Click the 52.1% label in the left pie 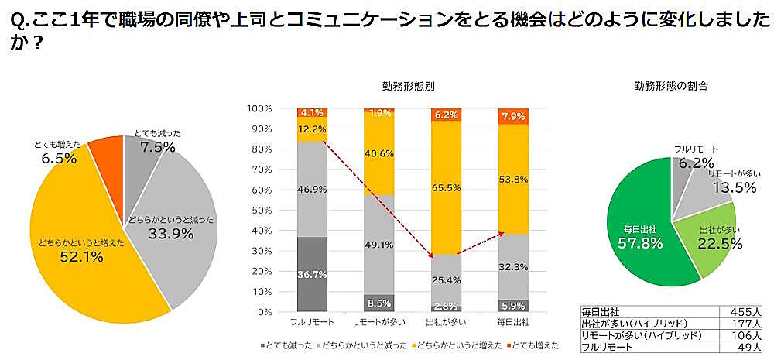(x=81, y=257)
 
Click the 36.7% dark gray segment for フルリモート (x=311, y=274)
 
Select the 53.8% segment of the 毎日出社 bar (x=512, y=179)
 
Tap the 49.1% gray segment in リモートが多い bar (x=378, y=245)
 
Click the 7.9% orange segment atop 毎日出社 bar (x=512, y=116)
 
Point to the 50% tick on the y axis (x=260, y=210)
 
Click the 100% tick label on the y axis (x=258, y=108)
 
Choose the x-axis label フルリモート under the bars (x=311, y=321)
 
